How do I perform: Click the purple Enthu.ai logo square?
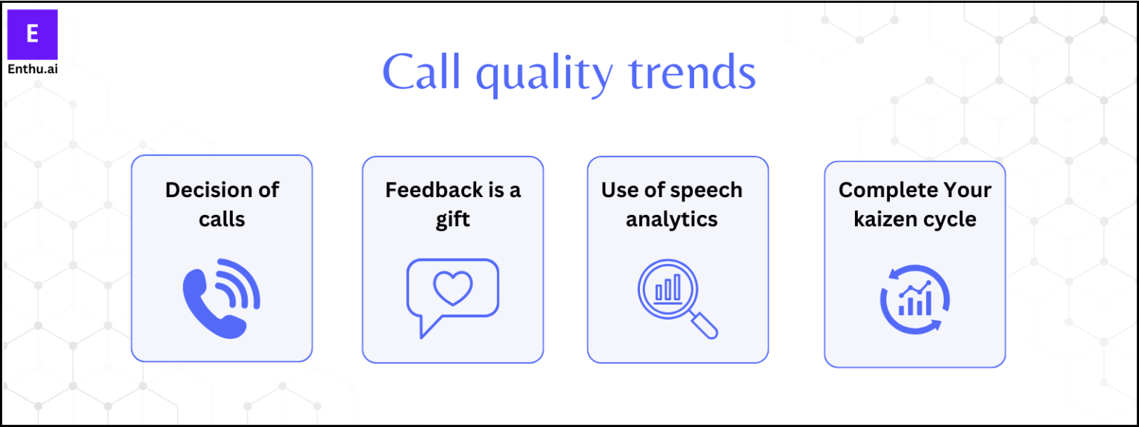(32, 34)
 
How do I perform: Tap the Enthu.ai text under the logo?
(32, 69)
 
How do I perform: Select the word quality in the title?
(544, 75)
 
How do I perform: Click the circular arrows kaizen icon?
(915, 300)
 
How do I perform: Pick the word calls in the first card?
(222, 219)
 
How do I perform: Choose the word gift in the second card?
(452, 219)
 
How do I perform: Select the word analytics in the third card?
(672, 219)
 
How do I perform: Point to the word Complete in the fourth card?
(878, 190)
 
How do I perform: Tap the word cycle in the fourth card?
(951, 220)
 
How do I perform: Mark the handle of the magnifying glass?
(704, 325)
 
